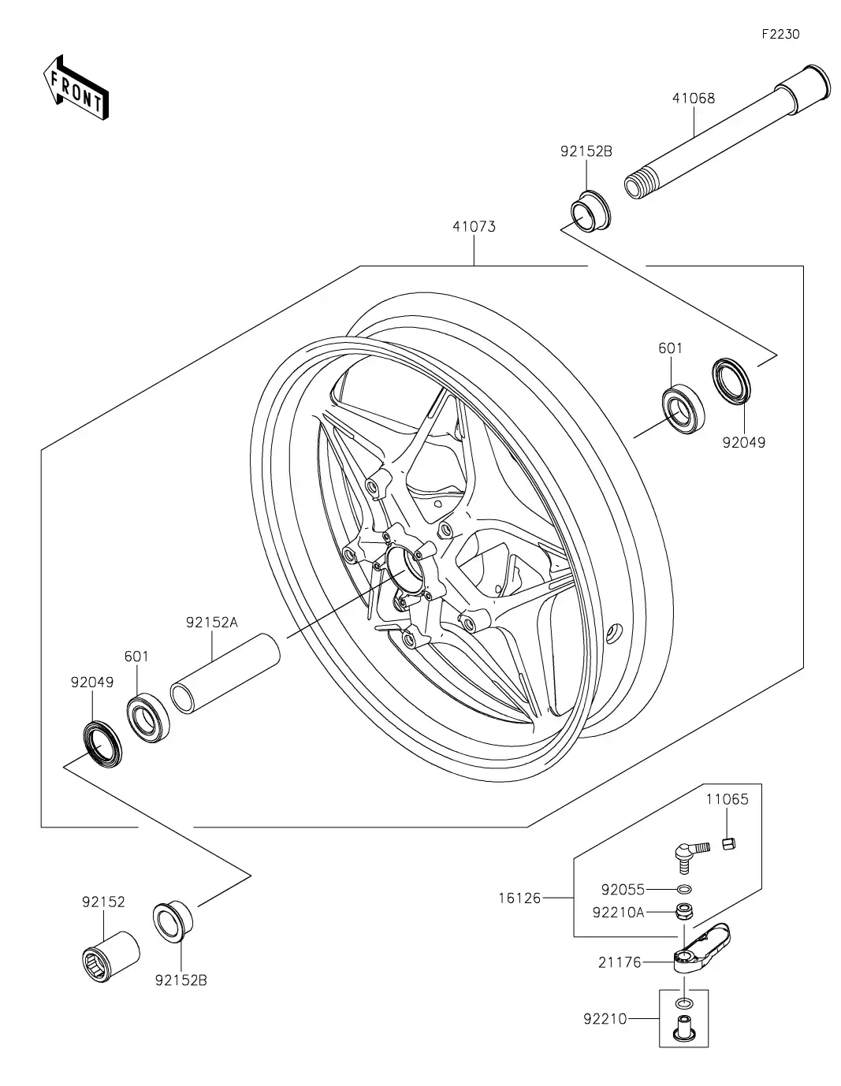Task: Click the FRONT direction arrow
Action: point(75,87)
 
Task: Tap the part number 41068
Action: point(694,99)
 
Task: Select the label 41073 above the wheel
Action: point(474,227)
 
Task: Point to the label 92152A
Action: point(211,622)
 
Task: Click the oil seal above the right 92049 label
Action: point(732,381)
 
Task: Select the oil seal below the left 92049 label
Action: point(103,742)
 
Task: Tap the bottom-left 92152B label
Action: point(180,980)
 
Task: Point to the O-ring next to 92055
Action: point(685,890)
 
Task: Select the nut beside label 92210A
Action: point(684,913)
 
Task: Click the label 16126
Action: point(519,898)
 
